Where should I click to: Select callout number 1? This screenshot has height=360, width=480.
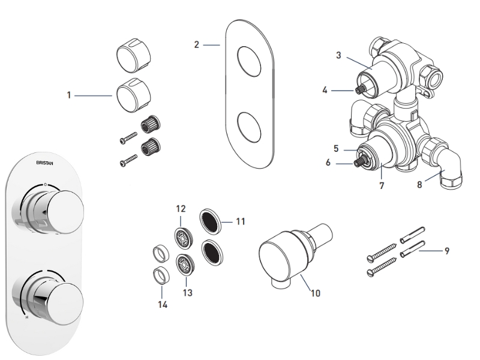click(69, 95)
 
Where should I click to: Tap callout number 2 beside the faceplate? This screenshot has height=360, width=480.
click(196, 44)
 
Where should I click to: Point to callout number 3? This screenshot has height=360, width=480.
click(338, 56)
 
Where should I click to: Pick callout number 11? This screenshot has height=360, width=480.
click(241, 221)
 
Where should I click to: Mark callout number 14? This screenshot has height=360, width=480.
click(162, 304)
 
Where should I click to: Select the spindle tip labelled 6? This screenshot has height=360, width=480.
click(361, 161)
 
